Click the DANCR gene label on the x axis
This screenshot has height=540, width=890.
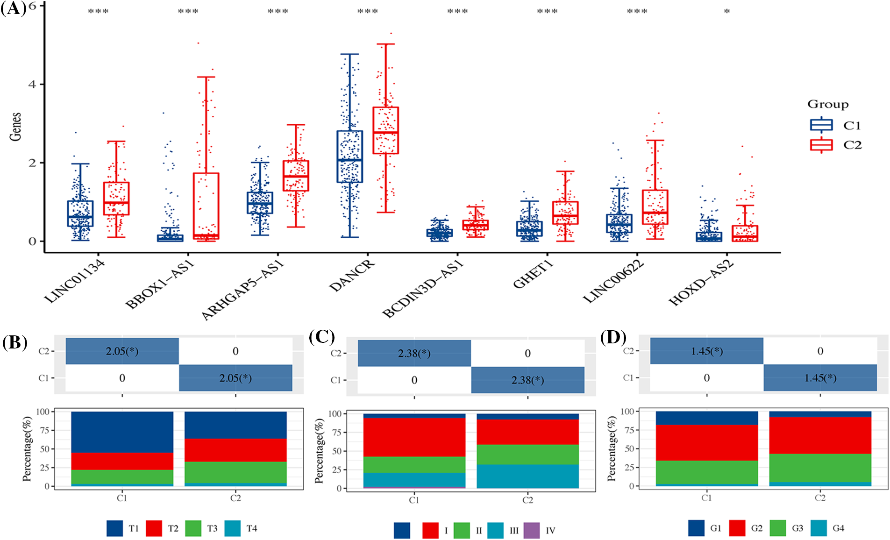coord(351,276)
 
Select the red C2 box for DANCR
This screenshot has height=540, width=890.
coord(385,130)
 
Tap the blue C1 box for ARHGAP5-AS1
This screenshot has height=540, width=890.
coord(260,202)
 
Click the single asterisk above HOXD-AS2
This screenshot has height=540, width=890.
coord(726,12)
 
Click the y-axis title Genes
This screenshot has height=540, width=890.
coord(16,127)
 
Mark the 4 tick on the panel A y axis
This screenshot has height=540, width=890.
coord(32,85)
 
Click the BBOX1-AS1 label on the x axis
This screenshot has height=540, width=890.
coord(160,285)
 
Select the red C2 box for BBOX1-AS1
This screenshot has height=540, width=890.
coord(206,206)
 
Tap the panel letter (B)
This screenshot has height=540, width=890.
coord(14,342)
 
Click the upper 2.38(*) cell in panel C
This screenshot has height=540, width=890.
coord(414,354)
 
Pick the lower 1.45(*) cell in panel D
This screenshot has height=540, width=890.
coord(820,378)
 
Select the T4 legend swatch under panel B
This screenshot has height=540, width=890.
coord(233,528)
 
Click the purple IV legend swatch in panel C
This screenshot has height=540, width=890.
coord(532,530)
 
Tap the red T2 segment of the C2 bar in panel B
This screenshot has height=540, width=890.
coord(235,450)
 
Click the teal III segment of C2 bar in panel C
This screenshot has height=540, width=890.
coord(527,476)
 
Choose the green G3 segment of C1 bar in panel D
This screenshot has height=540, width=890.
coord(706,472)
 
